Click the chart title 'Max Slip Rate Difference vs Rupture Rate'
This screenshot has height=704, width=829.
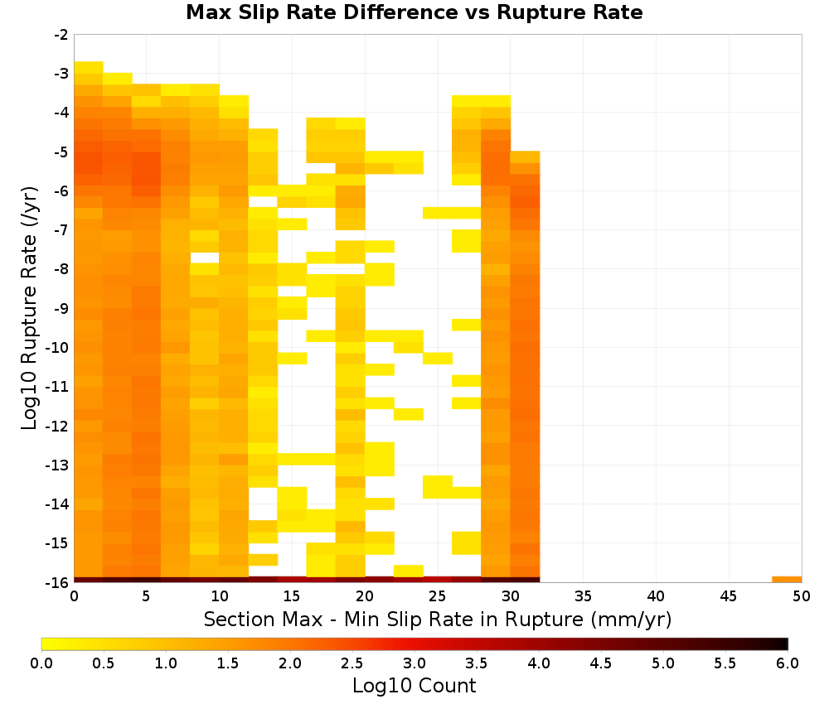tap(414, 12)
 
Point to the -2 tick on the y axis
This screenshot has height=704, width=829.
tap(61, 35)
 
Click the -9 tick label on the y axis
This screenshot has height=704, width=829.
tap(61, 308)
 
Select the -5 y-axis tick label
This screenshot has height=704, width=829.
tap(61, 152)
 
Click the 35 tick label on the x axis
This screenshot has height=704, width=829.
tap(583, 596)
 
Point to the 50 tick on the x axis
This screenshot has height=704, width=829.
tap(802, 596)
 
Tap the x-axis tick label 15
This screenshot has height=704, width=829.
tap(292, 596)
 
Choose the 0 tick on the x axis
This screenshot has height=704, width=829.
tap(74, 596)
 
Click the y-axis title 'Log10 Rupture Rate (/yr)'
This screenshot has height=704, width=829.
tap(29, 308)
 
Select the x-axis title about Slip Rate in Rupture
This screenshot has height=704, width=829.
tap(438, 619)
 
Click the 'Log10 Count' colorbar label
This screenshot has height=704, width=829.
tap(414, 686)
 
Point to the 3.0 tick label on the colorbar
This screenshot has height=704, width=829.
tap(414, 663)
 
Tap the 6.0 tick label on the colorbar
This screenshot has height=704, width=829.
tap(788, 663)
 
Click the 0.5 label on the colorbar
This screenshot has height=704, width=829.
tap(104, 663)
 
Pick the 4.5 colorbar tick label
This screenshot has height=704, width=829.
tap(601, 663)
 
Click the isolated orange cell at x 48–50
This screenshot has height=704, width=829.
tap(787, 580)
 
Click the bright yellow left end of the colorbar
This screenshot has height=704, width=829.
tap(46, 644)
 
